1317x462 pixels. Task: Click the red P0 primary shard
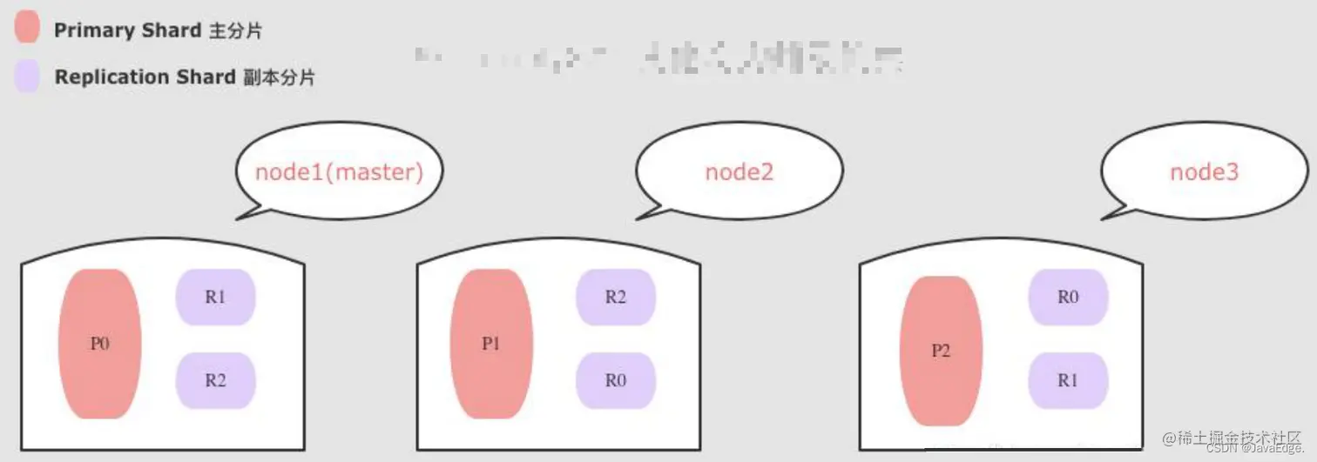tap(99, 344)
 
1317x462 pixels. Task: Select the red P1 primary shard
tap(491, 344)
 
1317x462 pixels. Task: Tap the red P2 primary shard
tap(941, 352)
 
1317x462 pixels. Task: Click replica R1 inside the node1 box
tap(215, 297)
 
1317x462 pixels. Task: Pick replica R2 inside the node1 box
tap(215, 380)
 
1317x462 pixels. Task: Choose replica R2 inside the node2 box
tap(615, 297)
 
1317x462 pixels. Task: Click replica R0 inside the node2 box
tap(615, 380)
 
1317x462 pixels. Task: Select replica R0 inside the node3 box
tap(1068, 297)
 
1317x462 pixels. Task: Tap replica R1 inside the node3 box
tap(1068, 380)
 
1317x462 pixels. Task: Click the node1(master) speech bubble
tap(339, 171)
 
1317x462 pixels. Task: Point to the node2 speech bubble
tap(739, 171)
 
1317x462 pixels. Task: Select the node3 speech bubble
tap(1204, 171)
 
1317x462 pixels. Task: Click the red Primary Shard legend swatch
tap(27, 28)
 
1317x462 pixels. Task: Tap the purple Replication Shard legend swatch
tap(27, 77)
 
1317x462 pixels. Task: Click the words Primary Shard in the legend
tap(128, 30)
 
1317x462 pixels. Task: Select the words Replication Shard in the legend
tap(145, 77)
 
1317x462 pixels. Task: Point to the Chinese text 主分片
tap(235, 31)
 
